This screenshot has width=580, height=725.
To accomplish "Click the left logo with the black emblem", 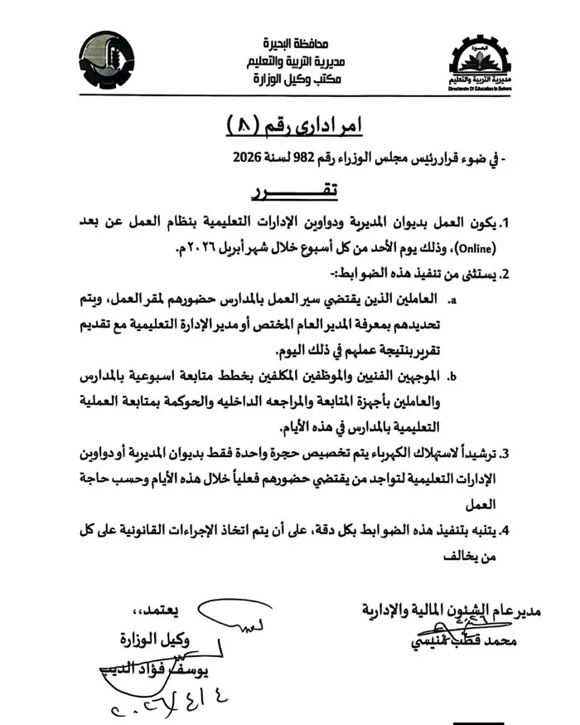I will tap(112, 61).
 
